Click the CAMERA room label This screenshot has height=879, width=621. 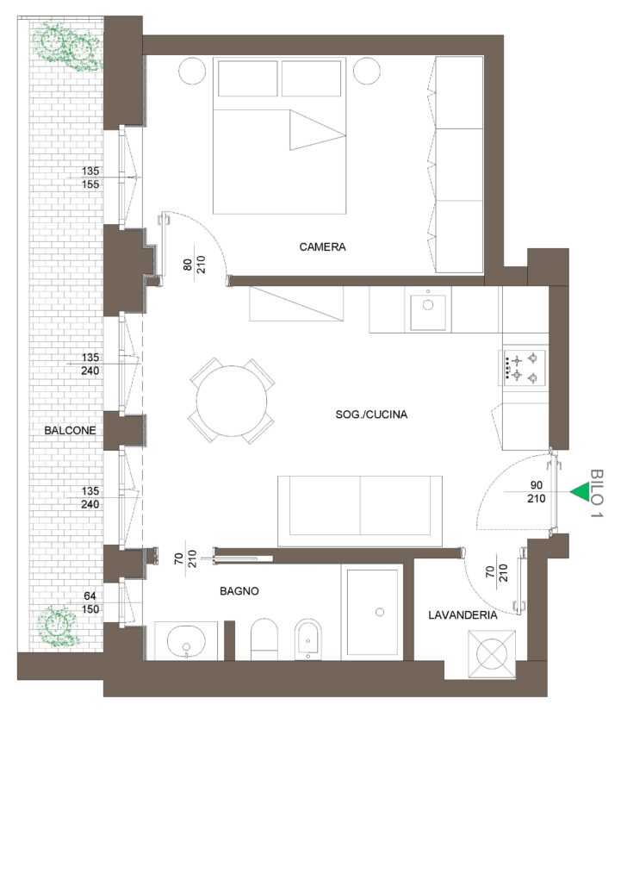point(322,246)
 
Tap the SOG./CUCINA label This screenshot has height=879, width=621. point(371,415)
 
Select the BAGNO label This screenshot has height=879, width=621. point(239,591)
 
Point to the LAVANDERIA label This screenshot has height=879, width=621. point(463,615)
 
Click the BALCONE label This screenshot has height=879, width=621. point(70,431)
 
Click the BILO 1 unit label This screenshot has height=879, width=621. point(597,493)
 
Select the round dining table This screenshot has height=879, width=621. point(232,401)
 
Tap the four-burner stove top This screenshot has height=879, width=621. point(524,366)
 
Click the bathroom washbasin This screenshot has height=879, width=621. point(186,641)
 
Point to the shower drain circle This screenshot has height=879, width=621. point(380,612)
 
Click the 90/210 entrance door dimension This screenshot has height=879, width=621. point(537,491)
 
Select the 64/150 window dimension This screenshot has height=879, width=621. point(90,602)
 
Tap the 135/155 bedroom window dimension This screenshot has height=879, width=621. point(90,178)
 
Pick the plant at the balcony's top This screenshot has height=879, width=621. point(68,46)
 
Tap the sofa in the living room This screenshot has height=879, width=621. point(360,510)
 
